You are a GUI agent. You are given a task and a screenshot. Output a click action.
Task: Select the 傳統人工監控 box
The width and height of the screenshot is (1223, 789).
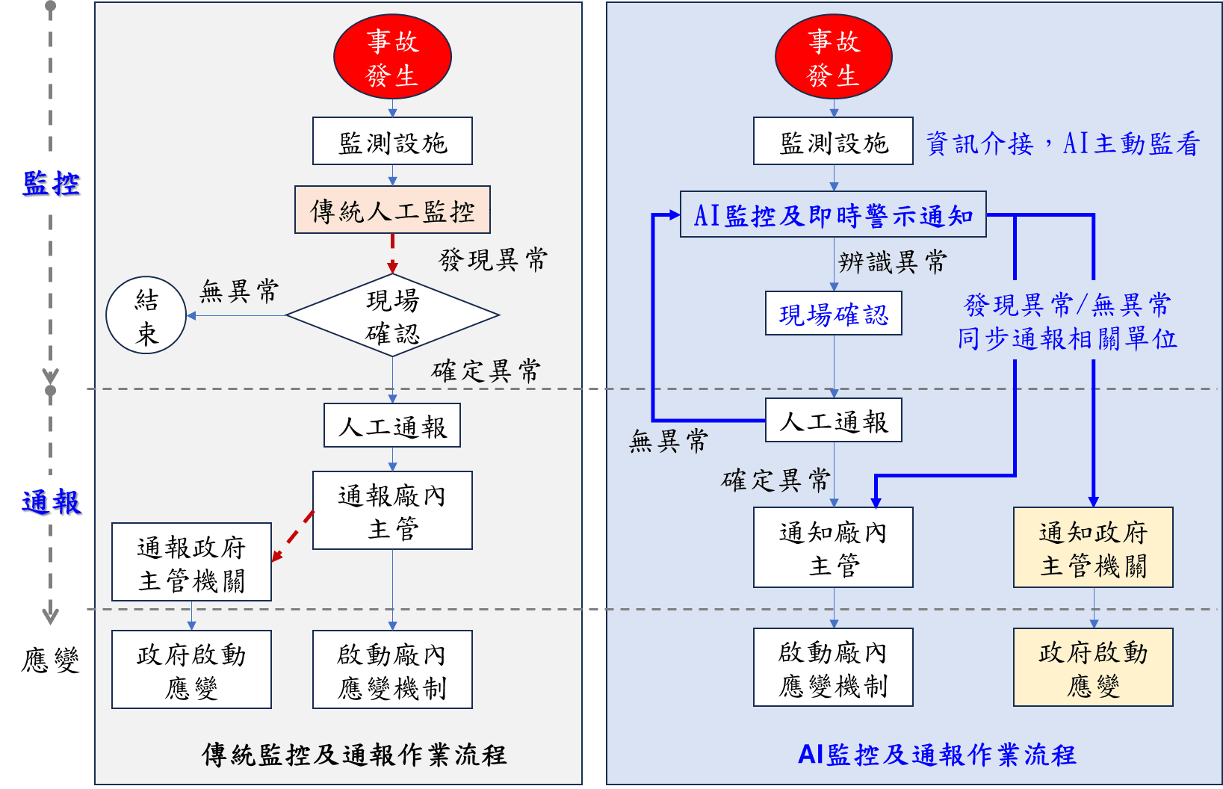392,210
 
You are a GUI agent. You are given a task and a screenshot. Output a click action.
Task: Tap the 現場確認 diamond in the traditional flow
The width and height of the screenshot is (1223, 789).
392,316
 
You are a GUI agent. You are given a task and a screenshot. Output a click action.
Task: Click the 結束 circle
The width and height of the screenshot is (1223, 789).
146,316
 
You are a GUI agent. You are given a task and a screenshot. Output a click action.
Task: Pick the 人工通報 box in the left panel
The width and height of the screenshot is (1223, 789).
392,426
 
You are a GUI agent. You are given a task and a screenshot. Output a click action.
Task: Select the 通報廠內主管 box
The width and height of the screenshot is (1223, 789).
392,511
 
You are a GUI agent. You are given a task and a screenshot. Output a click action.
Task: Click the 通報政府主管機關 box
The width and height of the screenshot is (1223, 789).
191,563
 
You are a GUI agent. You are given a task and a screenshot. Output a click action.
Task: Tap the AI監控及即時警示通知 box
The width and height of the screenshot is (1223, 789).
833,215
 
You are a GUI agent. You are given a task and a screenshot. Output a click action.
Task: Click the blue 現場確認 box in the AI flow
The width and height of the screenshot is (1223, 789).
834,314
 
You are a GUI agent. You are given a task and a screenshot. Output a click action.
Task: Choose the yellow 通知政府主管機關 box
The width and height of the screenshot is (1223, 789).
1093,548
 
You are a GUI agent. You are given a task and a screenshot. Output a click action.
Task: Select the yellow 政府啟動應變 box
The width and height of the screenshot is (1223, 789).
1093,667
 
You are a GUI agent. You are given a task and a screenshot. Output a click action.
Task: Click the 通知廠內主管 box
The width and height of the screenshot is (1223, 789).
833,548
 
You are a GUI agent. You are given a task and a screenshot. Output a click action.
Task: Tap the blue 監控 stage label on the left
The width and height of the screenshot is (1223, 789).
51,182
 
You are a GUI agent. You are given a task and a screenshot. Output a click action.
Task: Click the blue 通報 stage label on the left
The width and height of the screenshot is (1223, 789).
51,501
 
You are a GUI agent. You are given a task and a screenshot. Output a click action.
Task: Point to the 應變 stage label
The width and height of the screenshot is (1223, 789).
51,659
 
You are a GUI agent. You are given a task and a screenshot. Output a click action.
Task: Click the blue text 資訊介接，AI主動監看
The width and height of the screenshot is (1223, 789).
1062,143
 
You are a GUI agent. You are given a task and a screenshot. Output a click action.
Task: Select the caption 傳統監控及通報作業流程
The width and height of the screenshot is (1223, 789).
354,755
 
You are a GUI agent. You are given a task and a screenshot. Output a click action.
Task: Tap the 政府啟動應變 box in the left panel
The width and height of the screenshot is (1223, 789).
191,669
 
